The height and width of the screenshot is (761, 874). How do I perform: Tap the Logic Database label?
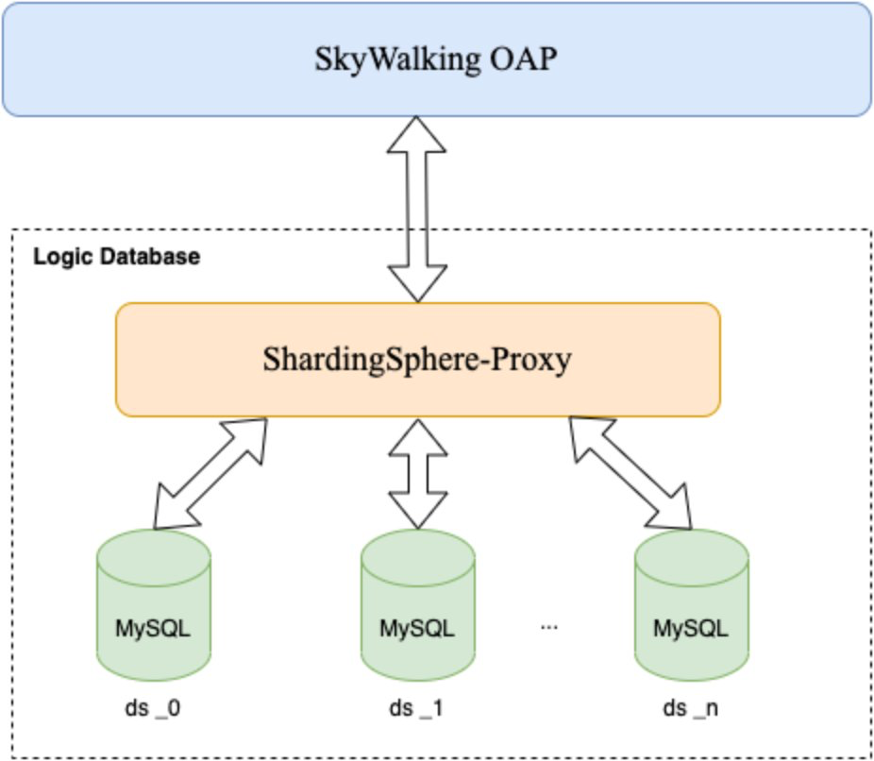[x=116, y=256]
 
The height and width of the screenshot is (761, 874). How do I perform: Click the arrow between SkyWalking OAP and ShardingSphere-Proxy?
[x=418, y=210]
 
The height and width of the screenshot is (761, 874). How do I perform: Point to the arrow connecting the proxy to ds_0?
[x=209, y=471]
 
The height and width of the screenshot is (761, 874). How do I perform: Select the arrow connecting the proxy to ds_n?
[x=630, y=471]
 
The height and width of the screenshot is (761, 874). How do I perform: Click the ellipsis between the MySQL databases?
[x=550, y=627]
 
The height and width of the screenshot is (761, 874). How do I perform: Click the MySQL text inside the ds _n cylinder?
[x=691, y=628]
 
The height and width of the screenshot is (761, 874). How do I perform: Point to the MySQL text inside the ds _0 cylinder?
[x=154, y=628]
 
